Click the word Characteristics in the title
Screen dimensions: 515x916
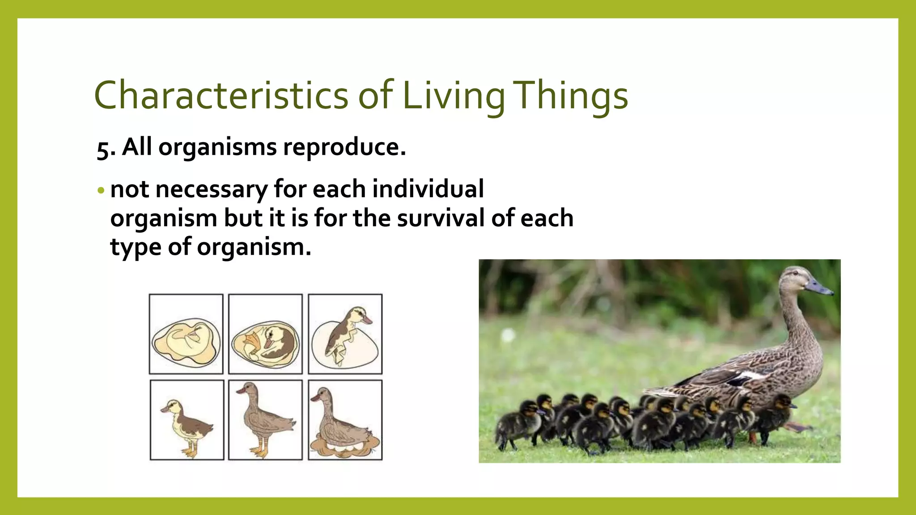click(x=221, y=95)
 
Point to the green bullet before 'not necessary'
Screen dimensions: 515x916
click(x=101, y=190)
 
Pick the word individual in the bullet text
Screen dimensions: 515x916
click(x=428, y=189)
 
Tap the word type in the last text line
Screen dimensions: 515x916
click(x=135, y=247)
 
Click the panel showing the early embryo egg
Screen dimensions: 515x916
click(x=186, y=334)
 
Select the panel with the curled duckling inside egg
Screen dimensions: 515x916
click(x=265, y=334)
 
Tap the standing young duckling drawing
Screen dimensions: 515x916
click(x=187, y=420)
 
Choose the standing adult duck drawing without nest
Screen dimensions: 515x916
click(x=265, y=420)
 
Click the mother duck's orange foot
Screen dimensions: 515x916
click(x=798, y=427)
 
